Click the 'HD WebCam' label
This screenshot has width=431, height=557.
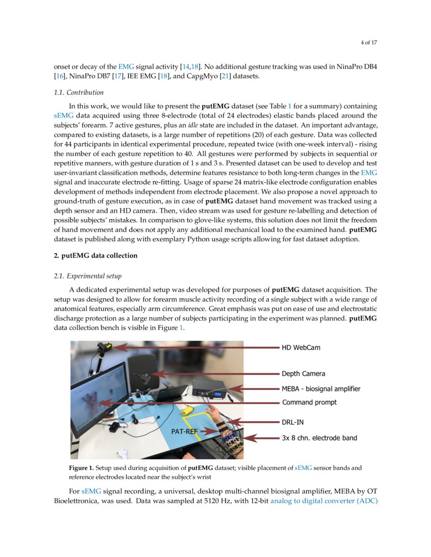(301, 348)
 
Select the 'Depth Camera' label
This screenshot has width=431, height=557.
(303, 374)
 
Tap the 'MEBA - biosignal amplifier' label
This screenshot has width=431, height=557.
(321, 389)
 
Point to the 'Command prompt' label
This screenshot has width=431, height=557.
(309, 403)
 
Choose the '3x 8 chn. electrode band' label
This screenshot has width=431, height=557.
(319, 438)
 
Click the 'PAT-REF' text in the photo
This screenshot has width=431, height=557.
(185, 431)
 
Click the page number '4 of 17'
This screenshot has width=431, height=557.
(369, 43)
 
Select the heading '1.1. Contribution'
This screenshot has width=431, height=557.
(79, 93)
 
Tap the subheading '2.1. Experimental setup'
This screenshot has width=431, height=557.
(87, 276)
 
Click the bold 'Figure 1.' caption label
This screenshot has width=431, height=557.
(81, 468)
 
